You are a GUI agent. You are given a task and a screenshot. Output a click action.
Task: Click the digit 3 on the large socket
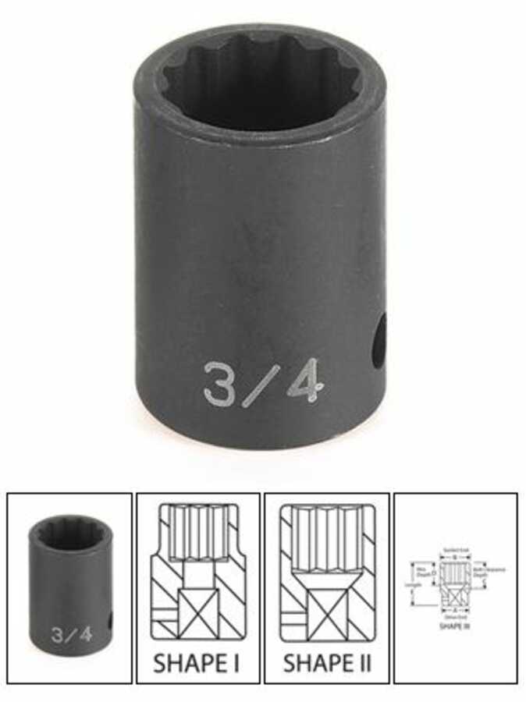click(x=221, y=382)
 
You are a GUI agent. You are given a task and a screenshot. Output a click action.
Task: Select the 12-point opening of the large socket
click(x=258, y=86)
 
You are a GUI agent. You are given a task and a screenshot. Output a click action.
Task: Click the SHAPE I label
click(x=198, y=664)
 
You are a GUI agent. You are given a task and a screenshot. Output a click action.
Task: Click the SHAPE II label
click(x=327, y=664)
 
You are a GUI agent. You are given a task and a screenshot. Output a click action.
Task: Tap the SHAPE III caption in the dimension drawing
click(x=453, y=626)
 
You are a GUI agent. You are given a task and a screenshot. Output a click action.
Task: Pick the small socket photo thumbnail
click(x=69, y=587)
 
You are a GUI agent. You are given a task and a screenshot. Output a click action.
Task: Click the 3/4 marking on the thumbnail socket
click(x=72, y=633)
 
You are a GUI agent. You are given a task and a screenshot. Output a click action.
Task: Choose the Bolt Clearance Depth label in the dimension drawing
click(x=489, y=571)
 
